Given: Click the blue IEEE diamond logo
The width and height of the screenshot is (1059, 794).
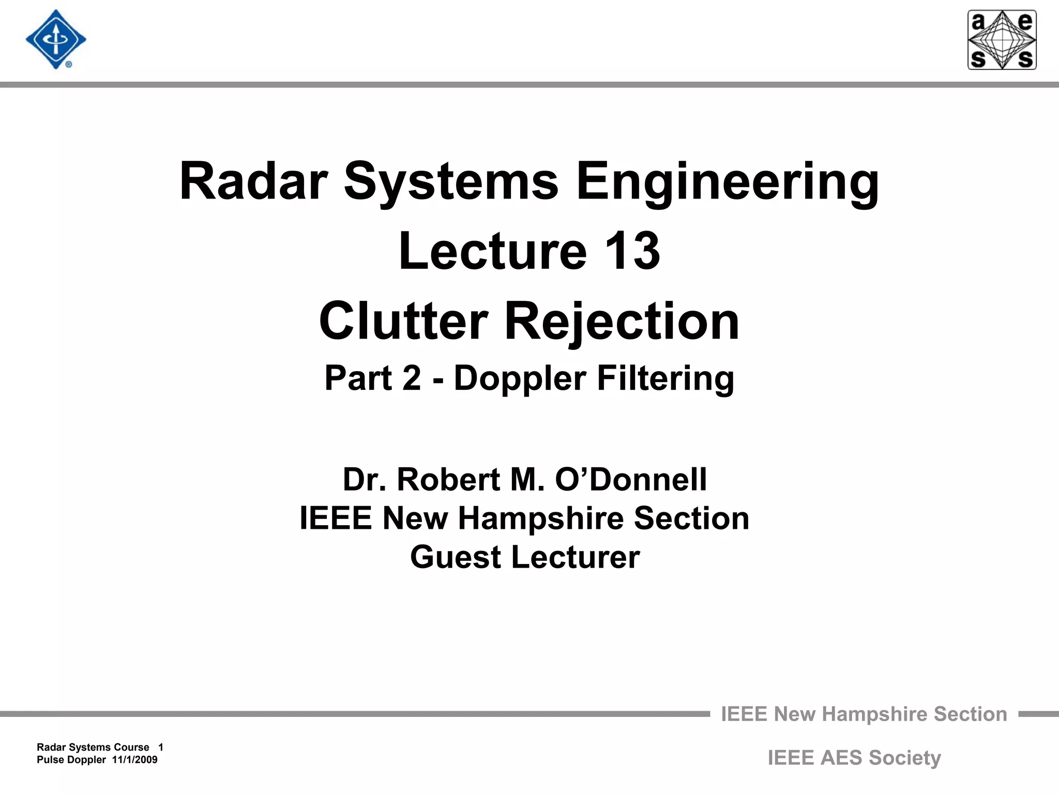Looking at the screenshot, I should click(56, 40).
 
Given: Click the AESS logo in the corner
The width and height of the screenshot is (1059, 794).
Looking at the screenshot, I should click(1002, 40).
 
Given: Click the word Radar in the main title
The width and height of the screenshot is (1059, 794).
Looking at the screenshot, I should click(253, 181).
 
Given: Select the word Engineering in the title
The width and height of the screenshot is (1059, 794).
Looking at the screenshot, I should click(728, 182).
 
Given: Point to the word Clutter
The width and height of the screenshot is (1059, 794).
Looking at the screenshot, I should click(403, 321).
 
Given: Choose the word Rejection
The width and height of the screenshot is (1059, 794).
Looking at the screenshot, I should click(622, 322).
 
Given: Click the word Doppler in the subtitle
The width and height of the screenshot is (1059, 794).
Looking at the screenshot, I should click(520, 378).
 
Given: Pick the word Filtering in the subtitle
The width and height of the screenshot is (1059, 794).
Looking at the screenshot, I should click(665, 379).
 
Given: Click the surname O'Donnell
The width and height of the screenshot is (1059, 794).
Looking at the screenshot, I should click(630, 479).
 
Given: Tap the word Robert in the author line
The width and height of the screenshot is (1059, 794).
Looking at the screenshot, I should click(448, 479).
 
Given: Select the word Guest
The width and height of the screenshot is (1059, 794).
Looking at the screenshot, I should click(456, 557).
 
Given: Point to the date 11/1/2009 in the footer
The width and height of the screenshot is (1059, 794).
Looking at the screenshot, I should click(134, 760).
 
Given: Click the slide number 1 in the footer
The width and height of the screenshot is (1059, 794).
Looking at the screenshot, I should click(161, 747).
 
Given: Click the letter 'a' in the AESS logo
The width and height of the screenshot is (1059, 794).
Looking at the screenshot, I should click(978, 22).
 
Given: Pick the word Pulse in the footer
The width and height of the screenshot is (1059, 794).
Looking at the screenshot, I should click(50, 760).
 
